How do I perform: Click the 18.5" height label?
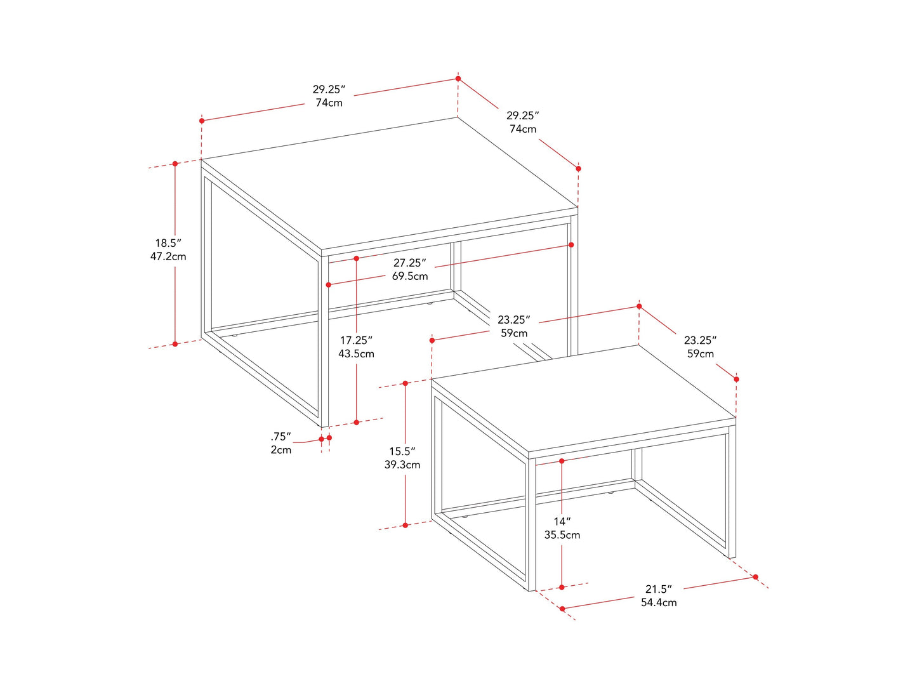tap(168, 243)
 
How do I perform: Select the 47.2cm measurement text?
tap(168, 256)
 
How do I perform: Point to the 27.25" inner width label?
tap(409, 263)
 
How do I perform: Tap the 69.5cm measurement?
tap(409, 276)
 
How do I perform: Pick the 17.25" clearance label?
tap(356, 340)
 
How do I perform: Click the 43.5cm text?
tap(356, 354)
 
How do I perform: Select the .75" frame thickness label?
tap(280, 437)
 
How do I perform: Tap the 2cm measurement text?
tap(280, 450)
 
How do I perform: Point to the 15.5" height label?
tap(402, 451)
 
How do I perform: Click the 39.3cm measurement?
tap(402, 465)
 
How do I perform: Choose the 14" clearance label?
tap(562, 522)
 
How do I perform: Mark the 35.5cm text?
tap(562, 535)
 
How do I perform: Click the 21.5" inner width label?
tap(658, 589)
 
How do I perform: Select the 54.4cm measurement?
tap(658, 602)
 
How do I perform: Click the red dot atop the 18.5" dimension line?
tap(175, 164)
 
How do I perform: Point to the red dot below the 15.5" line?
tap(406, 526)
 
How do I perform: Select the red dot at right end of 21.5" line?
tap(755, 577)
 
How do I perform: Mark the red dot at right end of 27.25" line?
tap(571, 245)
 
